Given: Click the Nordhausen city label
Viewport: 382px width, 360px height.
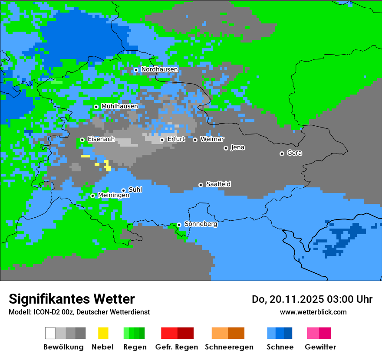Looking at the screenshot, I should tap(159, 69).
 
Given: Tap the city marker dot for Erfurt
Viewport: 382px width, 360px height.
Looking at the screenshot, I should tap(162, 140).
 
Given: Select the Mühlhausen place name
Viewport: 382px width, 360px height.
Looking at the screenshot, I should tap(119, 106).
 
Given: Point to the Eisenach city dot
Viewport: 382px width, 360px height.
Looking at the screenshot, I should tap(82, 140).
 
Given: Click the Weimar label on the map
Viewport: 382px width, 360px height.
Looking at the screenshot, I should tap(212, 139).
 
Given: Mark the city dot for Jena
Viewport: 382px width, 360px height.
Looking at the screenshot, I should tap(226, 148).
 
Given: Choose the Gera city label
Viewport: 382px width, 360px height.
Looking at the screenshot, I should tap(294, 153).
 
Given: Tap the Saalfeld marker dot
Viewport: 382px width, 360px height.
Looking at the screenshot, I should tap(201, 185).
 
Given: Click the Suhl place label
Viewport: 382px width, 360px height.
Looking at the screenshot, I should tap(135, 190).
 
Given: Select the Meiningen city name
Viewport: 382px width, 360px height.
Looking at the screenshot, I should tap(113, 196).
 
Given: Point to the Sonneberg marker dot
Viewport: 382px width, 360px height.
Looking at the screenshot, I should tap(179, 225).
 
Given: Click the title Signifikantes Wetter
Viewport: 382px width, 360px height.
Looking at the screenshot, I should tap(72, 299).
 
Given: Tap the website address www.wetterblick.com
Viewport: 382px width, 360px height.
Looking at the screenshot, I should tap(313, 312).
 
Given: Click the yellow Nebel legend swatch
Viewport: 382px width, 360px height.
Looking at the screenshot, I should tap(103, 333).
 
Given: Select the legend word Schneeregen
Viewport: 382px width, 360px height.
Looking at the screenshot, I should tap(229, 347).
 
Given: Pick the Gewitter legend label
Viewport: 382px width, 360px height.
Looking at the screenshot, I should tap(320, 347).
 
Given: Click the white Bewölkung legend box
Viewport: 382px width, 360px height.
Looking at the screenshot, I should tap(50, 333).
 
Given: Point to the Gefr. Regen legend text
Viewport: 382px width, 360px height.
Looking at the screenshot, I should tap(176, 347).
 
